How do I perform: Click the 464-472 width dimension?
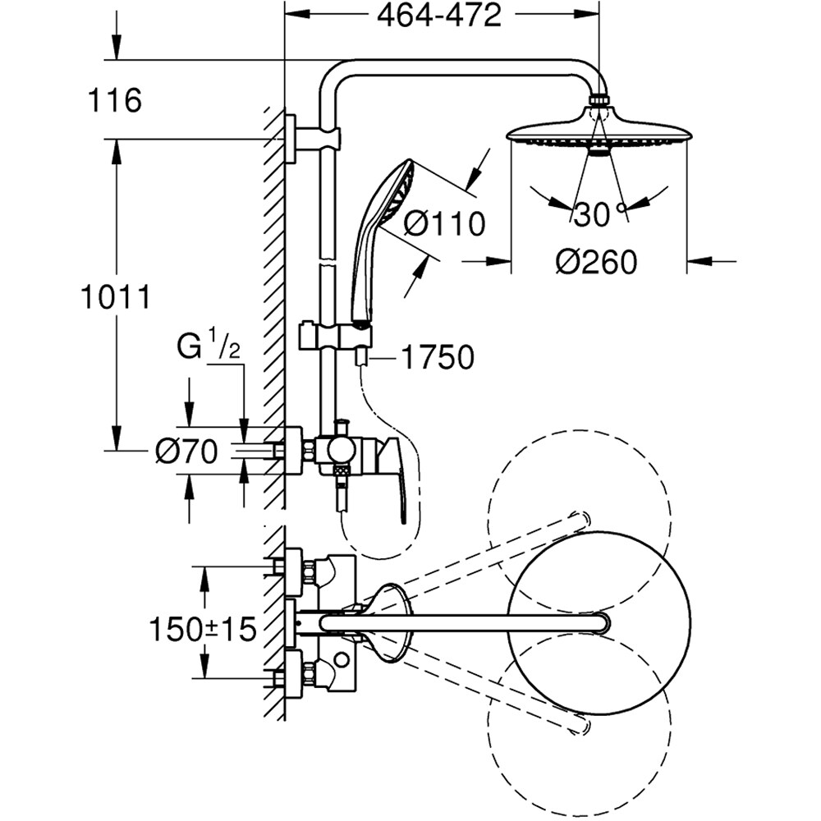point(439,16)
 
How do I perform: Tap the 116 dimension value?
point(114,101)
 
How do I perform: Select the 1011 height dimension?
point(116,297)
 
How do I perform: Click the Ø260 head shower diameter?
point(595,263)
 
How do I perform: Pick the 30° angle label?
point(592,215)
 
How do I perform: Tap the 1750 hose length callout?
point(438,358)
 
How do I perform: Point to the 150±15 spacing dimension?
point(203,630)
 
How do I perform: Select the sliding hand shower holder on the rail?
point(337,336)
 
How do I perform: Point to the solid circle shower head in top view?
point(599,622)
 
